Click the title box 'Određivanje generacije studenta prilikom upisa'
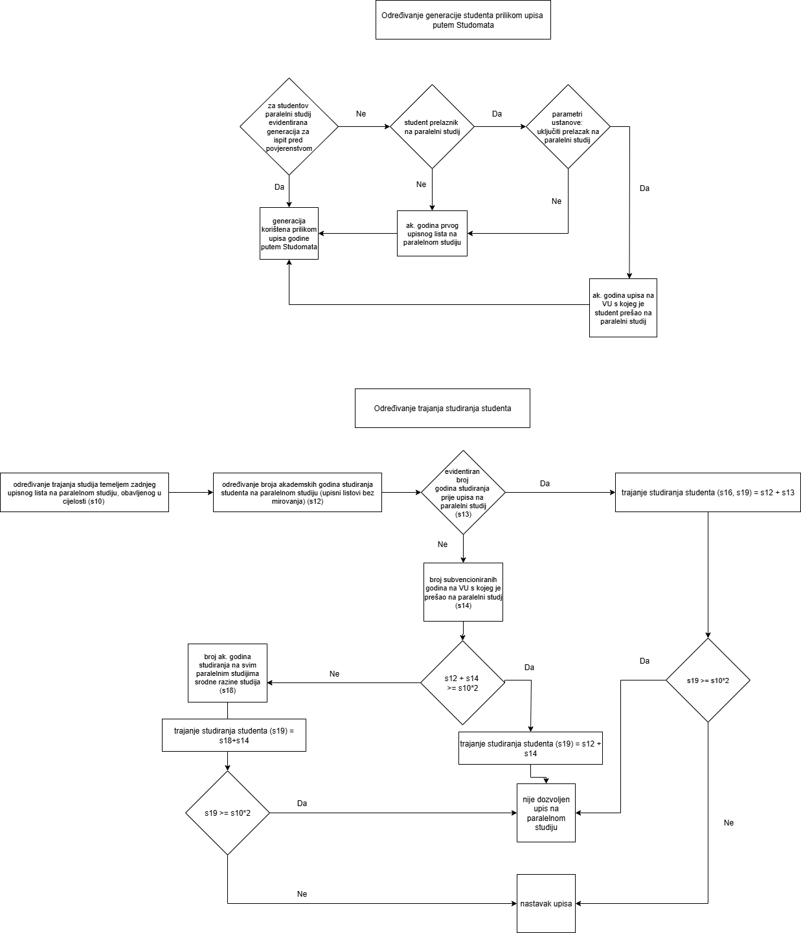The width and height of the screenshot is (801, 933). point(463,20)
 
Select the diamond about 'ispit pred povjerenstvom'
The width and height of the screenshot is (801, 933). point(289,127)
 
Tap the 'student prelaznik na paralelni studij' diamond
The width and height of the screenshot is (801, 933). point(432,127)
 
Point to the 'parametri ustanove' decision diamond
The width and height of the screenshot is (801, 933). point(568,127)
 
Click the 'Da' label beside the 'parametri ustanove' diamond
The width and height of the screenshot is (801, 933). point(497,114)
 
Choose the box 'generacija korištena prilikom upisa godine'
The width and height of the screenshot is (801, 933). point(289,234)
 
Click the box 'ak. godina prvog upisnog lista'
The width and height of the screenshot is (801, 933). point(432,233)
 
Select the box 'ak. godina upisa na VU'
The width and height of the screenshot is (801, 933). point(623,308)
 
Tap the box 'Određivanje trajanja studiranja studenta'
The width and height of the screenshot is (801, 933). point(442,409)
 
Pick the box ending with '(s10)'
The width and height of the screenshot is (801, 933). point(84,493)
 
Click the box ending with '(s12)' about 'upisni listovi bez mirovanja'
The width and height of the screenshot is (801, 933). point(297,493)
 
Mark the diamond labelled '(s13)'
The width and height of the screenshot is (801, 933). point(463,492)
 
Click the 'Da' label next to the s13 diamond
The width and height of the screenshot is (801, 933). point(545,484)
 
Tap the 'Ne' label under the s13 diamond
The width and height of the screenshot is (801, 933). point(442,545)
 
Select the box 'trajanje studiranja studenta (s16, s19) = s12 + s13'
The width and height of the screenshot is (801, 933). point(708,493)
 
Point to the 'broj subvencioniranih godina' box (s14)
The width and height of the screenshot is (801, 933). point(463,592)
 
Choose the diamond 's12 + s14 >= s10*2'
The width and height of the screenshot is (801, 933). point(462,682)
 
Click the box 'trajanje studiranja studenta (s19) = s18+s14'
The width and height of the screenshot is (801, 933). point(234,736)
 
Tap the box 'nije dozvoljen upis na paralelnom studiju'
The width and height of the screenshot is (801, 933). point(546,813)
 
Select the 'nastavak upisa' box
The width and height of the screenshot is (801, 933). point(546,903)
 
